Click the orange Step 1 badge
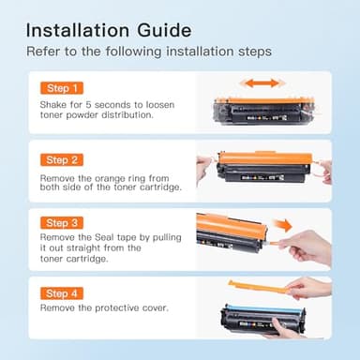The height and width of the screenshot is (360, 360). (x=62, y=88)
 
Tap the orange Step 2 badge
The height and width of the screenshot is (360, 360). (x=62, y=160)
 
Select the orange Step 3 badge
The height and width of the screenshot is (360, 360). (x=62, y=223)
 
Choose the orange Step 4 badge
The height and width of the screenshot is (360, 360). (x=62, y=293)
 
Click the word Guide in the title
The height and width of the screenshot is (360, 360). (x=164, y=30)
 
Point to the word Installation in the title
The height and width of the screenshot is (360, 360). (x=78, y=30)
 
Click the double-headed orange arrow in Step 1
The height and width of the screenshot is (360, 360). (x=262, y=83)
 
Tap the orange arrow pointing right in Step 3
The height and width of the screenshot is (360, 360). (x=282, y=225)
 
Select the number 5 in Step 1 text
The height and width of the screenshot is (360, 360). (x=88, y=105)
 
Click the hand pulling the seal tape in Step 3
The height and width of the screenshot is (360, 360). (x=307, y=248)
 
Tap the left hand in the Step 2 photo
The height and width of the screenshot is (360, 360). (x=204, y=170)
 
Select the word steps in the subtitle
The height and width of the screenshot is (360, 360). (x=255, y=52)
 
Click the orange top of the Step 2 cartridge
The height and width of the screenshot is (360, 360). (x=265, y=158)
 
